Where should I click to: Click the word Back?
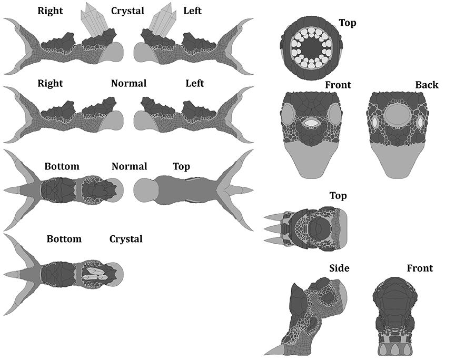click(426, 85)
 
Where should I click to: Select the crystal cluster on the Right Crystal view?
click(94, 20)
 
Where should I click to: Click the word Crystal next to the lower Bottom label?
click(126, 239)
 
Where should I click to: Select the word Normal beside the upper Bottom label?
click(129, 167)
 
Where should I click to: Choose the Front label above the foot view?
click(420, 268)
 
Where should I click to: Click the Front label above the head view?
click(338, 85)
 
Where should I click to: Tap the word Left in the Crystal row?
click(192, 11)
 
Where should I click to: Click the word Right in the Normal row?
click(50, 83)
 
